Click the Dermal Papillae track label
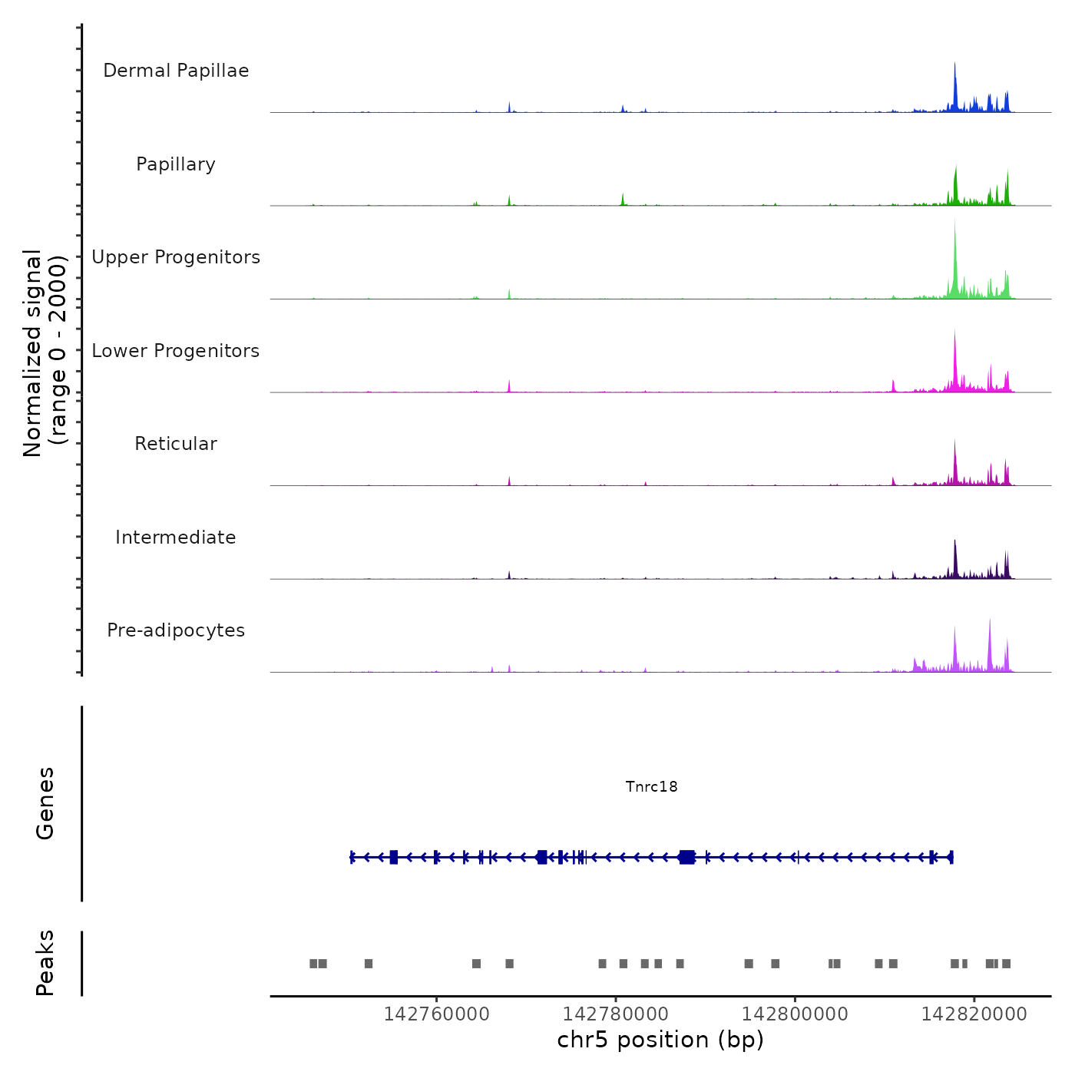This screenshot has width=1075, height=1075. (x=176, y=71)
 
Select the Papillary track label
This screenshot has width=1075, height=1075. (x=176, y=164)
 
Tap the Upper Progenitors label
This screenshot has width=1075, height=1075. (x=176, y=257)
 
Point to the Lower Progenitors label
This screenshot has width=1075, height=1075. (x=176, y=351)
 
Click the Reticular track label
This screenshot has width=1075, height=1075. (x=176, y=444)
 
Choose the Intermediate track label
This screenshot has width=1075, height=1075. (x=176, y=537)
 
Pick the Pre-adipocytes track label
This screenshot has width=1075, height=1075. (x=176, y=630)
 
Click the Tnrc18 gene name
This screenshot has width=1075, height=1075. (x=651, y=786)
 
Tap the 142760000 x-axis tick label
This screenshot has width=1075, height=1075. (x=436, y=1014)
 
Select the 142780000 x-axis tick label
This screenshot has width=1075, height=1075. (x=616, y=1014)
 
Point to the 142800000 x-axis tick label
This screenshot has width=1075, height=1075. (x=795, y=1014)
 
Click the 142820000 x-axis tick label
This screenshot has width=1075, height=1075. (x=974, y=1014)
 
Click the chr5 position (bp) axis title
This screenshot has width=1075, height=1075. (x=660, y=1040)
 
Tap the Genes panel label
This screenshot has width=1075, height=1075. (x=45, y=803)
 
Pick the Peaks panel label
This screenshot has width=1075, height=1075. (x=45, y=963)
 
